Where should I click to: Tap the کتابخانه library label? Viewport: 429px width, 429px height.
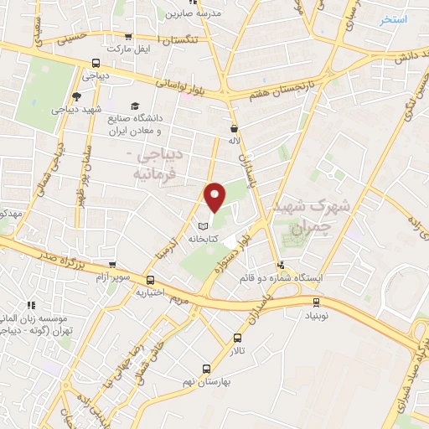(214, 239)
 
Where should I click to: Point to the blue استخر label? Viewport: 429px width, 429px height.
(393, 18)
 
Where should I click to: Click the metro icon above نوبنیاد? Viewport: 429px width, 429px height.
(316, 302)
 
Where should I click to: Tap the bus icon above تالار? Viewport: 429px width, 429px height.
(237, 339)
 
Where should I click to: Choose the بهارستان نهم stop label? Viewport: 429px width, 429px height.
(205, 380)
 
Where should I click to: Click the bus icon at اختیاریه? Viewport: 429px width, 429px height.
(150, 281)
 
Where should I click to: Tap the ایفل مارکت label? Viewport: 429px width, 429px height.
(132, 49)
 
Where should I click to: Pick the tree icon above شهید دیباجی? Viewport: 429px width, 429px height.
(77, 96)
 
